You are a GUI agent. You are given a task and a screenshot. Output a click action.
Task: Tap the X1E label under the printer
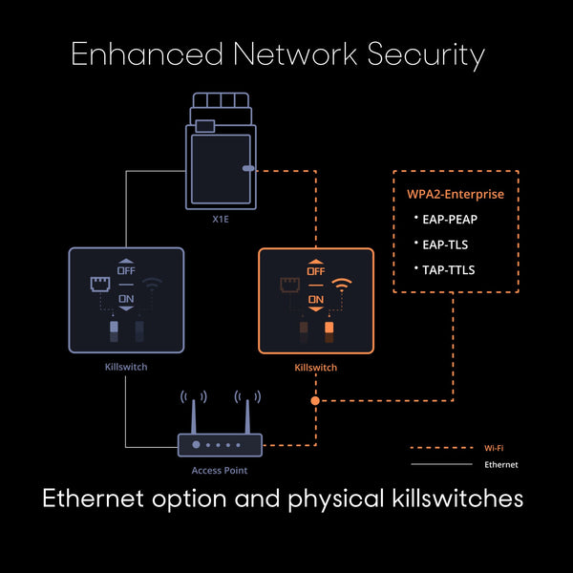pos(221,217)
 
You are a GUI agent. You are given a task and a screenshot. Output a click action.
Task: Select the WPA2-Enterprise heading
pos(456,195)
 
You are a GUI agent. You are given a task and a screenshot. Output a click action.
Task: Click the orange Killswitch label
pos(316,366)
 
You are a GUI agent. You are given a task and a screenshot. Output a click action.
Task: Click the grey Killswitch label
pos(125,366)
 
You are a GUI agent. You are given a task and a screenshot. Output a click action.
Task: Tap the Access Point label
pos(220,471)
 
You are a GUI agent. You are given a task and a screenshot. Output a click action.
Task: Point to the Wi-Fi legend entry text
pos(494,447)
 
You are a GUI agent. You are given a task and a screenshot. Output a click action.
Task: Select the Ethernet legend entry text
pos(501,464)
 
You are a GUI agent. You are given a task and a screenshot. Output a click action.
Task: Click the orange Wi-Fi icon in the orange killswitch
pos(340,284)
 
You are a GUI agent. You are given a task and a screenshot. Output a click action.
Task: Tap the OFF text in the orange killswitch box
pos(316,270)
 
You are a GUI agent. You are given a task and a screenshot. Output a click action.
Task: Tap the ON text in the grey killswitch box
pos(125,299)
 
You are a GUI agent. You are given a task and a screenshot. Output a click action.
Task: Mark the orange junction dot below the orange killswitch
pos(315,401)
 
